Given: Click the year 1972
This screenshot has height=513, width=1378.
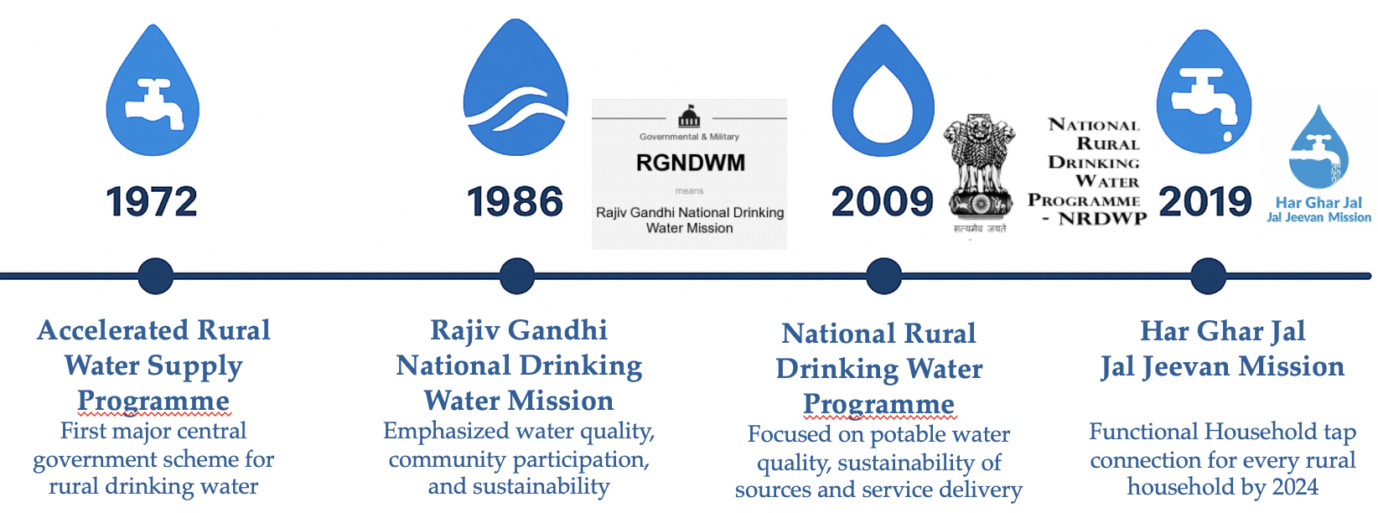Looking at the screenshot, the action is click(152, 202).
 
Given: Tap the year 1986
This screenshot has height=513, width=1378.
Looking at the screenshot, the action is click(515, 202).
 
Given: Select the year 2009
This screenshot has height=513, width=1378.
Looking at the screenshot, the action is click(882, 202).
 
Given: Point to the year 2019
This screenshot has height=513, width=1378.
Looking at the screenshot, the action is click(1205, 202).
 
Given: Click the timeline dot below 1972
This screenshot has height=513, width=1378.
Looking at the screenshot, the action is click(156, 276).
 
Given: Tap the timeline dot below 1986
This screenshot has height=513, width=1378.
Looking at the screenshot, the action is click(516, 276).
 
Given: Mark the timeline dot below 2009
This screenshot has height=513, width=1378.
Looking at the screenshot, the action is click(883, 276).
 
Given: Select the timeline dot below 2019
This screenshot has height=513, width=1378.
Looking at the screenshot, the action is click(1208, 276).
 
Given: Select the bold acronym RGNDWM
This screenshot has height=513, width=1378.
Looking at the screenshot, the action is click(690, 163).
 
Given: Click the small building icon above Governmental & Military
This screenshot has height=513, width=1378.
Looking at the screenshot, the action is click(689, 116).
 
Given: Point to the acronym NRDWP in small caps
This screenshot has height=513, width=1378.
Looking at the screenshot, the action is click(1102, 219).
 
